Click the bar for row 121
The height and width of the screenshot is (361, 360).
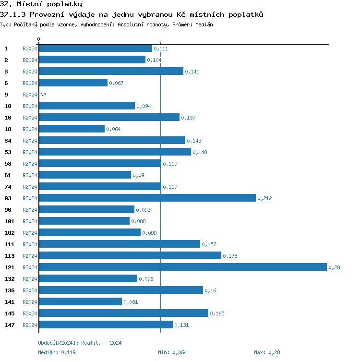click(x=183, y=267)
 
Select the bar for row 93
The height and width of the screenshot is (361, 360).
click(x=147, y=198)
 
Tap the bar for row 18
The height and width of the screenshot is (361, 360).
click(x=72, y=129)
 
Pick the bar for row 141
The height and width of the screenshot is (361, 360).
click(x=81, y=301)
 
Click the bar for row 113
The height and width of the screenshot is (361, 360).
click(x=130, y=255)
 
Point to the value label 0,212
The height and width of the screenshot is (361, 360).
click(x=264, y=198)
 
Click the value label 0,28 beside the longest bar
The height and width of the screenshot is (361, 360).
click(x=334, y=267)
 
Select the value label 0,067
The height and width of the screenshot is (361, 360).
click(x=116, y=83)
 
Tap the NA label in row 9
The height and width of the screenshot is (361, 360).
click(x=43, y=95)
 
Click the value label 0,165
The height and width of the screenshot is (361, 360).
click(x=217, y=313)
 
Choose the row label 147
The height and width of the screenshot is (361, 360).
click(x=9, y=325)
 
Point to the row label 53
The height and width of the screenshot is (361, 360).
click(x=8, y=152)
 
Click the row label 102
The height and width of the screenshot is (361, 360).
click(x=9, y=233)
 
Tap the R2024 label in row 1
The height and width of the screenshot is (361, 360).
click(x=30, y=48)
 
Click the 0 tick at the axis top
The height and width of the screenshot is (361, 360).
click(x=39, y=39)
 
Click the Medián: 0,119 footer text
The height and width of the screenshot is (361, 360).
click(x=57, y=352)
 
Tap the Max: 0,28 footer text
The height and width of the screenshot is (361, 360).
click(x=267, y=352)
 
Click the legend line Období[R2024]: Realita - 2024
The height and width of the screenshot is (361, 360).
click(x=80, y=343)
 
